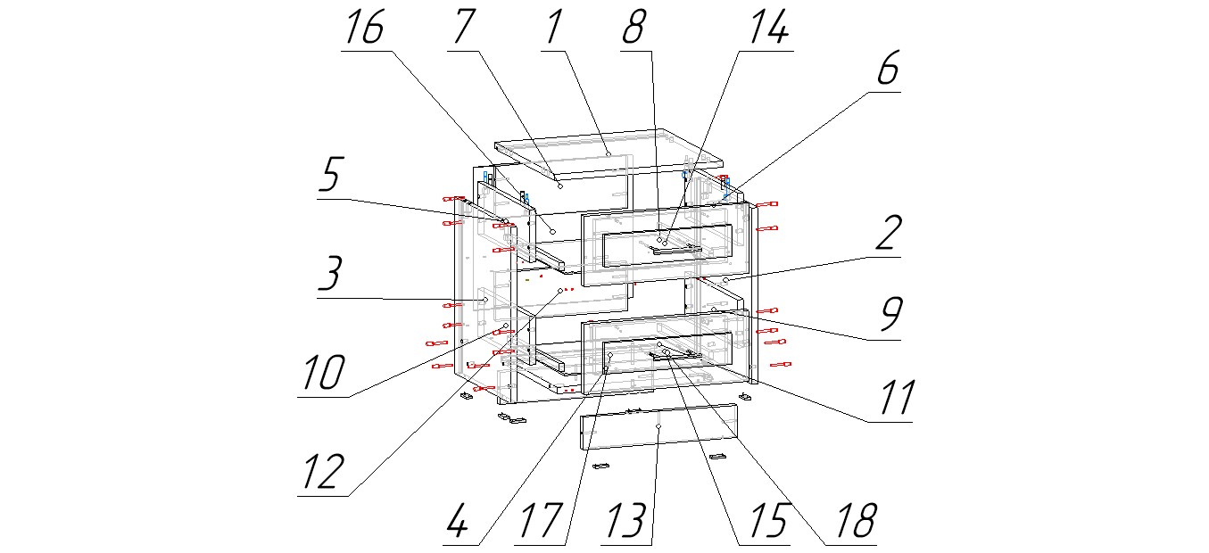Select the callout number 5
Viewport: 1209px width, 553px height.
328,178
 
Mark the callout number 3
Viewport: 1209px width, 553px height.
329,276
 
